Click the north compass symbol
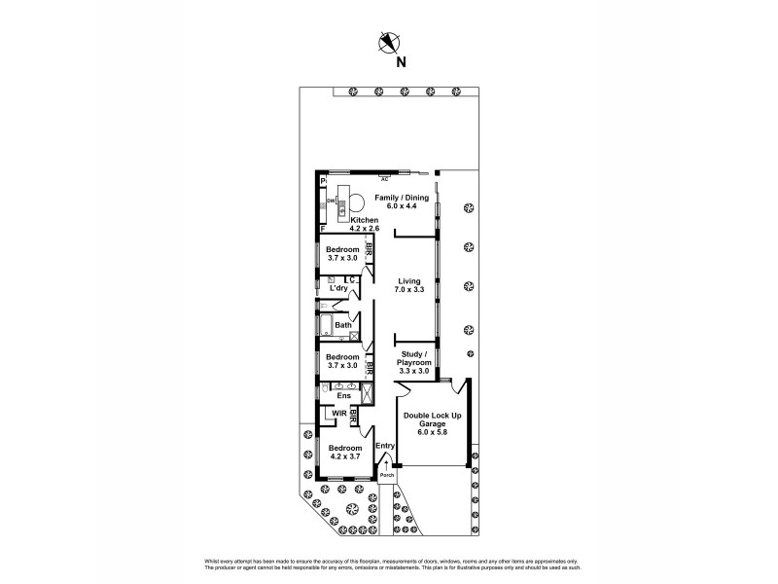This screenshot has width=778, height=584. (389, 42)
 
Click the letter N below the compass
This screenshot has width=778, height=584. (400, 61)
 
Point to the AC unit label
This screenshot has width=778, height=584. (385, 180)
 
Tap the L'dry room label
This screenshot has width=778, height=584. (338, 288)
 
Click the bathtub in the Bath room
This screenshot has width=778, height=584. (325, 326)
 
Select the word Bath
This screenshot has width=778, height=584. (343, 325)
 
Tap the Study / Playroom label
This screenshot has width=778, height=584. (414, 362)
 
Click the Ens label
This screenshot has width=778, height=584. (343, 395)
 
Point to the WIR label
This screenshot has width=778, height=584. (339, 415)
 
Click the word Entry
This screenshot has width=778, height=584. (384, 446)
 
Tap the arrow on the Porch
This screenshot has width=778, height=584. (386, 466)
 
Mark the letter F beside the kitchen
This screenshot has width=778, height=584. (323, 228)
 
